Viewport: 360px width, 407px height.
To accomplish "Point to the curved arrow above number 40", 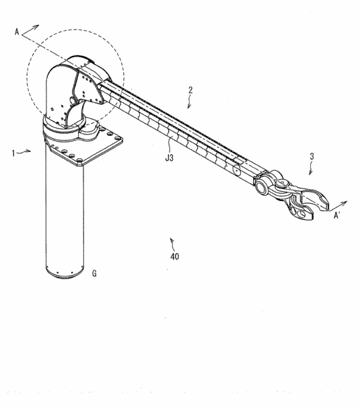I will click(172, 241).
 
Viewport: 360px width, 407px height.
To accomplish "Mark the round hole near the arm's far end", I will click(236, 171).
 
